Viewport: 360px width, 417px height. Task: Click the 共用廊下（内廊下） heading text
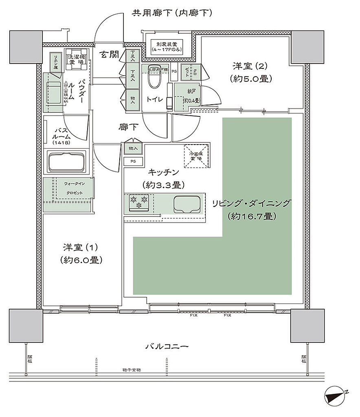(x=171, y=13)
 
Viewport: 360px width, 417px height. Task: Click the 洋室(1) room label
(x=80, y=252)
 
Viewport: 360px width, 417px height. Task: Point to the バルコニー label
(x=167, y=347)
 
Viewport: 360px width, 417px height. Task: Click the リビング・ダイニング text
(x=250, y=202)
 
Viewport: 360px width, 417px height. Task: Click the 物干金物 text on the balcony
(x=131, y=370)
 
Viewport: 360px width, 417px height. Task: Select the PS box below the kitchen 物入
(x=133, y=161)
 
